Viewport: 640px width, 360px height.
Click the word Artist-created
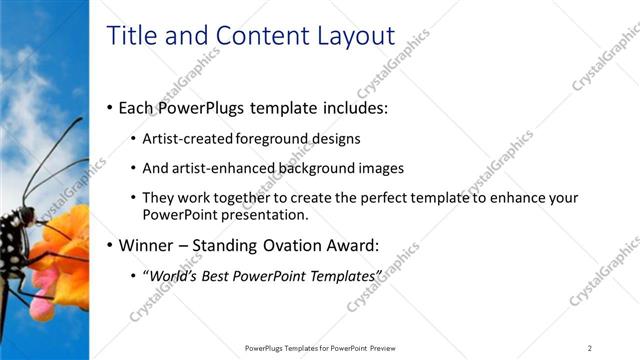[189, 139]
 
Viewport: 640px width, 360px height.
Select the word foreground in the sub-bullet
[274, 139]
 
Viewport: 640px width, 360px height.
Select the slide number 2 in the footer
[590, 347]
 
